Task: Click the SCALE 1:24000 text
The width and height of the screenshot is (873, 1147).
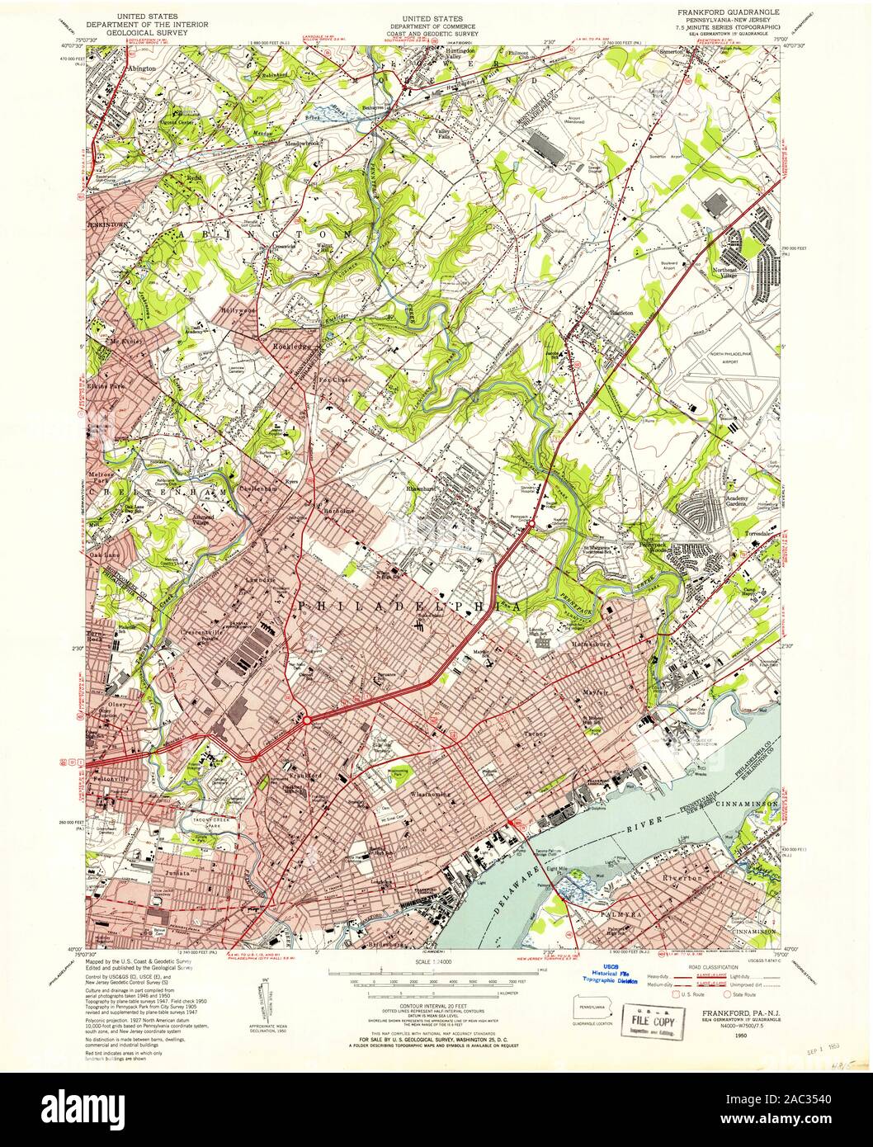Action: tap(436, 963)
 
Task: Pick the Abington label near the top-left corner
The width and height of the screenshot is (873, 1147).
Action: tap(140, 69)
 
